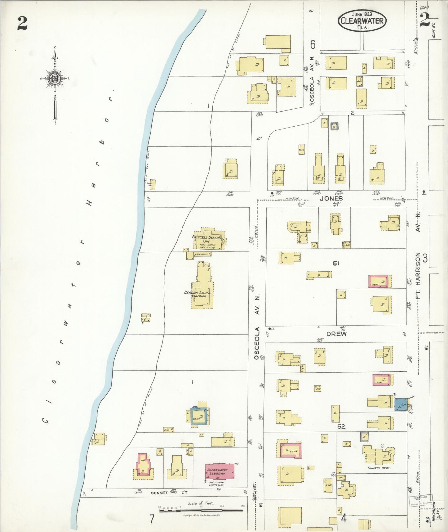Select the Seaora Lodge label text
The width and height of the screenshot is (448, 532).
pos(198,294)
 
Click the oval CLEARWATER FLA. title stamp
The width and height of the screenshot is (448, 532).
pos(362,21)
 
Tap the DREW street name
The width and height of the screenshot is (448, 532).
pos(336,334)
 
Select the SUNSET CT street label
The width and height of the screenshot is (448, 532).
pos(169,493)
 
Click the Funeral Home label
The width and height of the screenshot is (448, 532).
pos(378,468)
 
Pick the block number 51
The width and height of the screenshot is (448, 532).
pos(336,263)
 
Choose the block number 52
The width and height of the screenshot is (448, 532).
pos(341,426)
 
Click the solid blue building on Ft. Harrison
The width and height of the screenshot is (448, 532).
pos(401,404)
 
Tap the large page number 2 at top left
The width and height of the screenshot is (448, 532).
pos(22,23)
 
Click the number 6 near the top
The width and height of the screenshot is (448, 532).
pos(313,44)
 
